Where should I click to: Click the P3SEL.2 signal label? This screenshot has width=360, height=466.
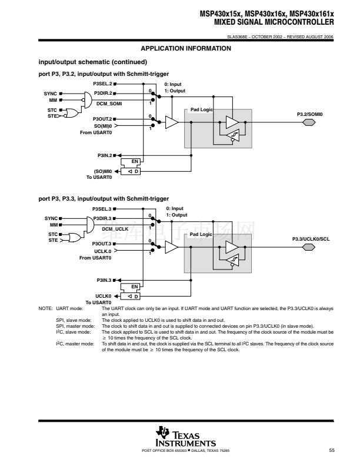click(x=102, y=84)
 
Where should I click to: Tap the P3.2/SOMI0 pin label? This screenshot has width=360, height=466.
click(x=310, y=114)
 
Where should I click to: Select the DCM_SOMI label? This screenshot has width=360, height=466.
click(x=109, y=104)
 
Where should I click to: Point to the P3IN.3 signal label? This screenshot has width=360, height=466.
click(x=104, y=280)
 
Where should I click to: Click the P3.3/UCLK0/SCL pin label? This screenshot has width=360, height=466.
click(x=311, y=239)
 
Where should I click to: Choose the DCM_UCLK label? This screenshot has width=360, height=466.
click(x=115, y=229)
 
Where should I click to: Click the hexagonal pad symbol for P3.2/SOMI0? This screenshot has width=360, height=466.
click(x=309, y=122)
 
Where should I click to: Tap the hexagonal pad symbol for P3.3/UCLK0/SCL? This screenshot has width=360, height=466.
click(x=309, y=247)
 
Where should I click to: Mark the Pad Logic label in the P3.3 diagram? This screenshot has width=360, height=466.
click(x=201, y=235)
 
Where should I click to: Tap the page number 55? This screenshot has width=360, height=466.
click(x=332, y=450)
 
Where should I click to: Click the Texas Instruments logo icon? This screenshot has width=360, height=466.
click(x=162, y=432)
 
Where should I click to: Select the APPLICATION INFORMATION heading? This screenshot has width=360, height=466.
click(x=186, y=48)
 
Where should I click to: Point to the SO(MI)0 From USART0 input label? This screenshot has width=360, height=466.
click(x=96, y=129)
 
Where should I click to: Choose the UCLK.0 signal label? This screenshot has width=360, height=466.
click(x=103, y=251)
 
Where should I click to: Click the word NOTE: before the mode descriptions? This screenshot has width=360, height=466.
click(x=45, y=308)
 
